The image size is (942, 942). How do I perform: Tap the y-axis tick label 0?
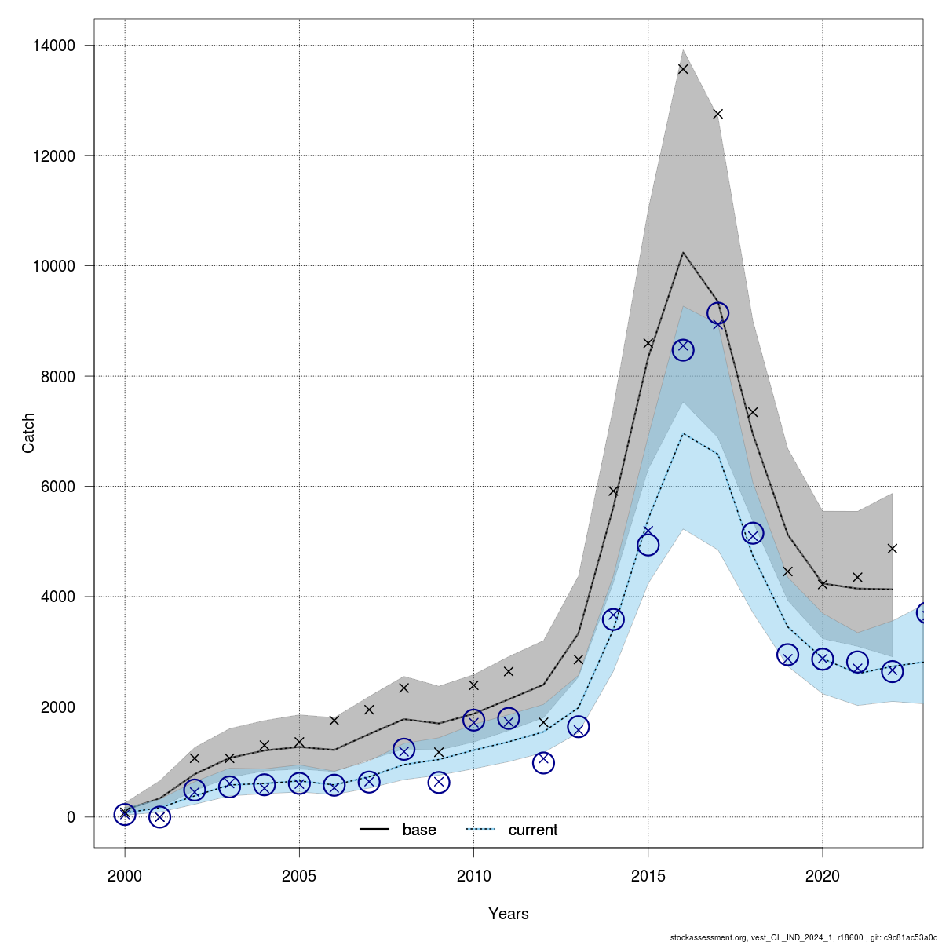[x=71, y=817]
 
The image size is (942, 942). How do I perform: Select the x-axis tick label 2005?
[x=299, y=875]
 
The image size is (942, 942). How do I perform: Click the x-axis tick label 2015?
[x=648, y=875]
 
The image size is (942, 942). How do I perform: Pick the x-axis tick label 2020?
[x=823, y=875]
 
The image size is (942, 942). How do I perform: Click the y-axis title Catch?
[x=28, y=433]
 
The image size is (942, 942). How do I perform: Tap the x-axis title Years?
[x=509, y=914]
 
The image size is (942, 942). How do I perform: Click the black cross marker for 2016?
[x=683, y=69]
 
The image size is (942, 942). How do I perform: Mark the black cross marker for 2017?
[x=717, y=114]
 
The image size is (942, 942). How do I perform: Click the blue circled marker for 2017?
[x=717, y=313]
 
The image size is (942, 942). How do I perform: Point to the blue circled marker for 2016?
[x=683, y=349]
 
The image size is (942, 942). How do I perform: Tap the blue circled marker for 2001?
[x=159, y=817]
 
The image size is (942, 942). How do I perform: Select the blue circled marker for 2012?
[x=543, y=762]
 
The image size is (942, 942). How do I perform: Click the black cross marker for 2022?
[x=892, y=548]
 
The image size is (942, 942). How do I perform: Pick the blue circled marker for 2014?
[x=613, y=619]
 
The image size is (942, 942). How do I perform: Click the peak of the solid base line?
[x=683, y=253]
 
